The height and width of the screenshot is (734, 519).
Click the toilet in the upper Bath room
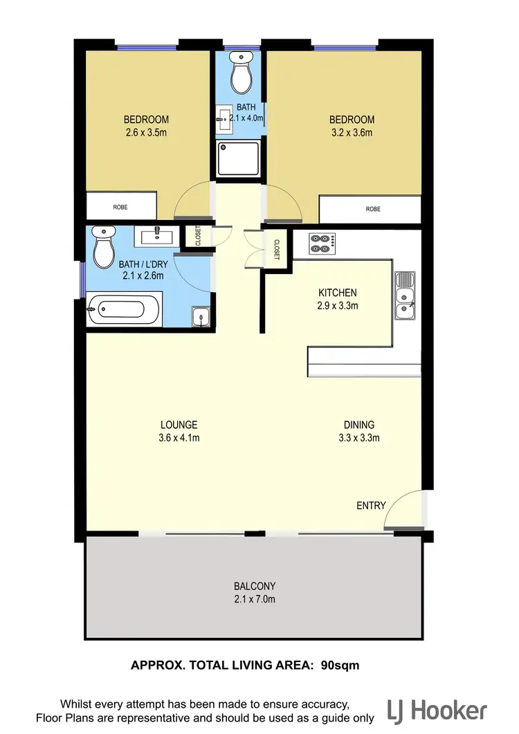242,73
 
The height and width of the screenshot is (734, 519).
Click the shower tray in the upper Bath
239,158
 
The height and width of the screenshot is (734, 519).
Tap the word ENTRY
371,506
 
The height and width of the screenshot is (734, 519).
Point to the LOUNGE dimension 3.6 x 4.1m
179,437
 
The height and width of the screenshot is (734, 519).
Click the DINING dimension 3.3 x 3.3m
358,437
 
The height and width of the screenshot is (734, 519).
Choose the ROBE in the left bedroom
120,207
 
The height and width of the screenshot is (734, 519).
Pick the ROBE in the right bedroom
373,209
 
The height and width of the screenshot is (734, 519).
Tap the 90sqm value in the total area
340,666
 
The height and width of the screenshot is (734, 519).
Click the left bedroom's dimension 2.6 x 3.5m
146,132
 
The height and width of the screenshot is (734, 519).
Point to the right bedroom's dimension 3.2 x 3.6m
352,133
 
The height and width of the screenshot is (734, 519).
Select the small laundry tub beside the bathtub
200,317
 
